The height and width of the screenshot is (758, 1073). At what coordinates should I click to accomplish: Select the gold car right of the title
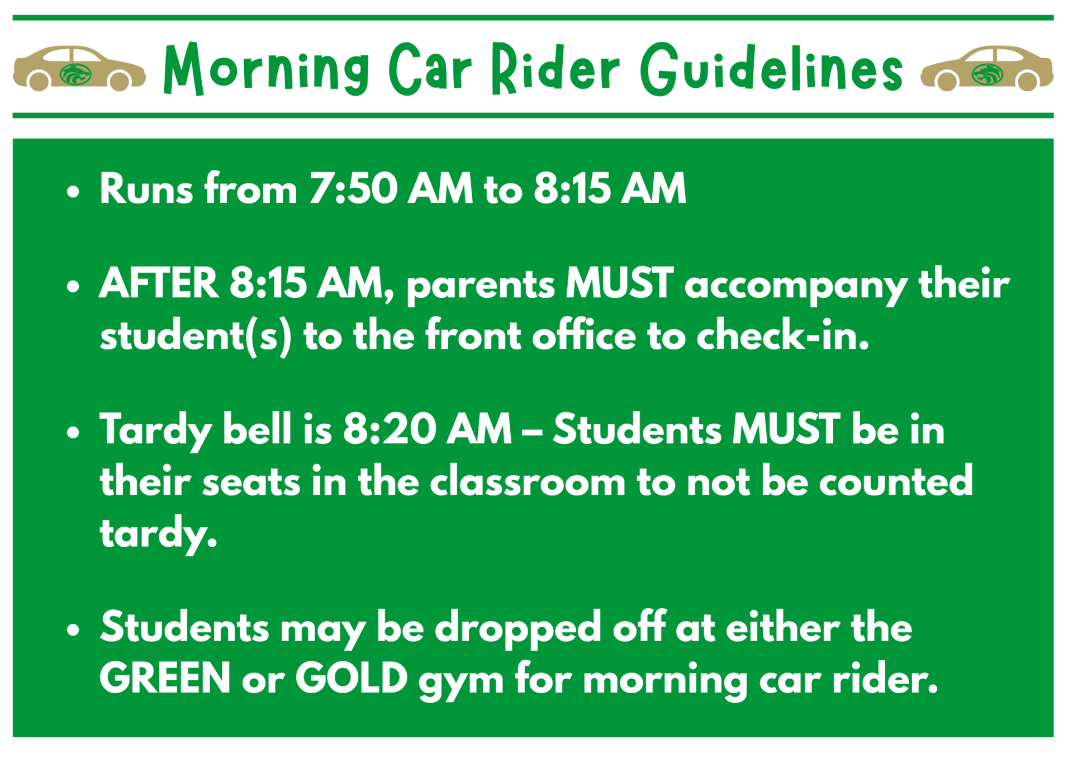987,69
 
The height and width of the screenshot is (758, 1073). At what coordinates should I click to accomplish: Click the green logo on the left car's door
75,74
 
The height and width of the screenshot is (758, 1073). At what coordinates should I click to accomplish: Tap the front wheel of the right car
947,82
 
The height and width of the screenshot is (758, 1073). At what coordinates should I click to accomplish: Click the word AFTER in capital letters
158,283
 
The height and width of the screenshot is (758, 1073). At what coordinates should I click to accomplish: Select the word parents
481,285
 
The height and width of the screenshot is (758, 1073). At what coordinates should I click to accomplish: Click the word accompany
796,285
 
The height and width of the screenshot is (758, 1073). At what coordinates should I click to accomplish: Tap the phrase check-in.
782,337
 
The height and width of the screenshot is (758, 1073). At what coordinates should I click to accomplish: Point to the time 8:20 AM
427,429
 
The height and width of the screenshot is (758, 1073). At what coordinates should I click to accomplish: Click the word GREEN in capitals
165,678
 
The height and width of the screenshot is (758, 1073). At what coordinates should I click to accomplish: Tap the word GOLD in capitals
351,678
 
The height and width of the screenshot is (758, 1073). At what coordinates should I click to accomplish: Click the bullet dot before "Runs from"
73,192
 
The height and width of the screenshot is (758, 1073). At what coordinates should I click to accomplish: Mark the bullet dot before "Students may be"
73,630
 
